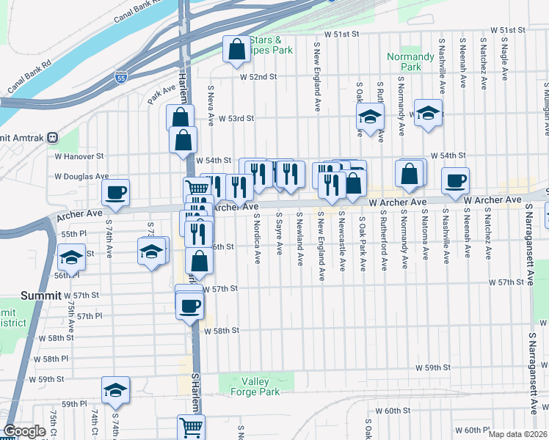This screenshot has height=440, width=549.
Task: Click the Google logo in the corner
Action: pyautogui.click(x=24, y=431)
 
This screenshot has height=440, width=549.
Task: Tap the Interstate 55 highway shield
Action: pyautogui.click(x=121, y=76)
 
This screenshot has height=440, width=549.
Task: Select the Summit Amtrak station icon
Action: pyautogui.click(x=52, y=138)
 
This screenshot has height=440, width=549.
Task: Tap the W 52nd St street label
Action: pyautogui.click(x=258, y=76)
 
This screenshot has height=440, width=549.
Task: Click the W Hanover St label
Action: pyautogui.click(x=79, y=156)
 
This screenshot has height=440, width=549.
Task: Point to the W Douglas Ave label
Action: pyautogui.click(x=81, y=177)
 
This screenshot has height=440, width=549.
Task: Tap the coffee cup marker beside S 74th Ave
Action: pyautogui.click(x=116, y=193)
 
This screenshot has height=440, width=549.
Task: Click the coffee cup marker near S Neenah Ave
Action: pyautogui.click(x=455, y=180)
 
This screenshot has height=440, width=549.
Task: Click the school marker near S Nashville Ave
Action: pyautogui.click(x=428, y=113)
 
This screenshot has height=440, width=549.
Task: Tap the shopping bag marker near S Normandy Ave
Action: pyautogui.click(x=410, y=173)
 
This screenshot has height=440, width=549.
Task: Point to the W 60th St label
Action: pyautogui.click(x=391, y=411)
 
